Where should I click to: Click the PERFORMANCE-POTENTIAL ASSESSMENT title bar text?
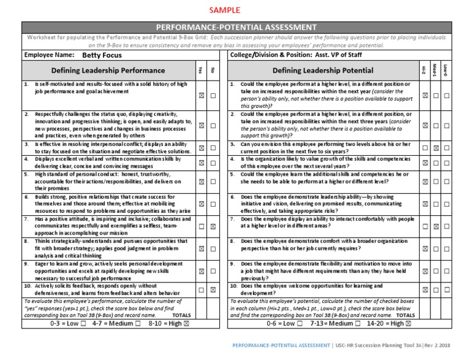[236, 27]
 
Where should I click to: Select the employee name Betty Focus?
[102, 54]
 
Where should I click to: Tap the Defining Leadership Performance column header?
[108, 70]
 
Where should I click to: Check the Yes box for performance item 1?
[201, 96]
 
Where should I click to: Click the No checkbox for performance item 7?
[213, 226]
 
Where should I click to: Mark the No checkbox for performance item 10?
[213, 290]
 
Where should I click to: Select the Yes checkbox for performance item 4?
[201, 162]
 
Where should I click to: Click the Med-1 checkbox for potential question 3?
[435, 148]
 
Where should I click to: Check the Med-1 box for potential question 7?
[435, 226]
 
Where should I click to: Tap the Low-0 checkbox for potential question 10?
[446, 290]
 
